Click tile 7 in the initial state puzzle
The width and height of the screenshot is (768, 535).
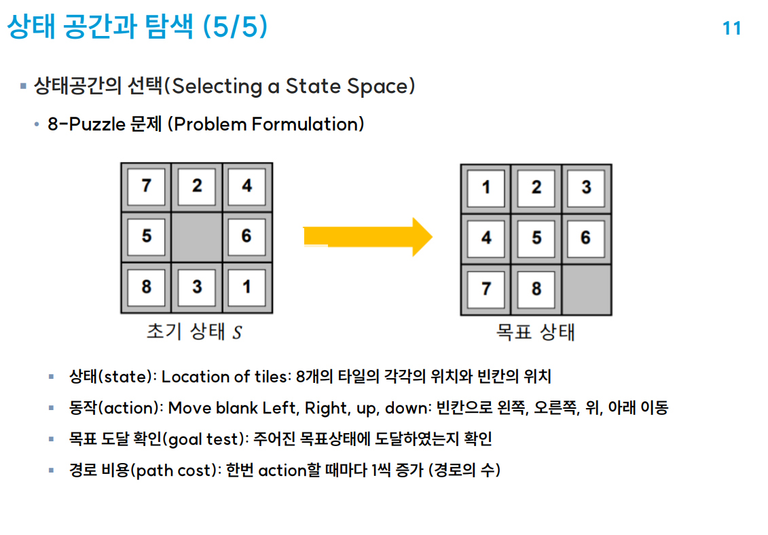click(x=147, y=187)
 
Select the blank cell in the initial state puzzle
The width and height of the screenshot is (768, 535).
click(x=197, y=237)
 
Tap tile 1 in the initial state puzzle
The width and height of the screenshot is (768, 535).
click(x=246, y=287)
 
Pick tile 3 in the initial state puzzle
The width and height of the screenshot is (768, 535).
click(x=197, y=287)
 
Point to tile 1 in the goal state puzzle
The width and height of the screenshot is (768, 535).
click(x=486, y=188)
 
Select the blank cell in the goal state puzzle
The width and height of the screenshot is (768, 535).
click(x=586, y=289)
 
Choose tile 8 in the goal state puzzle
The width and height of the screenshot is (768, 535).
click(x=536, y=289)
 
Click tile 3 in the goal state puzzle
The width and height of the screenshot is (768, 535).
click(x=586, y=188)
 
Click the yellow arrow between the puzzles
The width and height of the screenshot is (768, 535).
click(x=367, y=236)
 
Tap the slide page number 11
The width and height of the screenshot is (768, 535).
click(x=731, y=29)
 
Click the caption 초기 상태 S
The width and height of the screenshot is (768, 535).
click(x=194, y=333)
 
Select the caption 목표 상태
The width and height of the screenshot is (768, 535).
click(x=536, y=333)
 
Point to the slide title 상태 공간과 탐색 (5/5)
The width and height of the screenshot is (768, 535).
click(x=136, y=27)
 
